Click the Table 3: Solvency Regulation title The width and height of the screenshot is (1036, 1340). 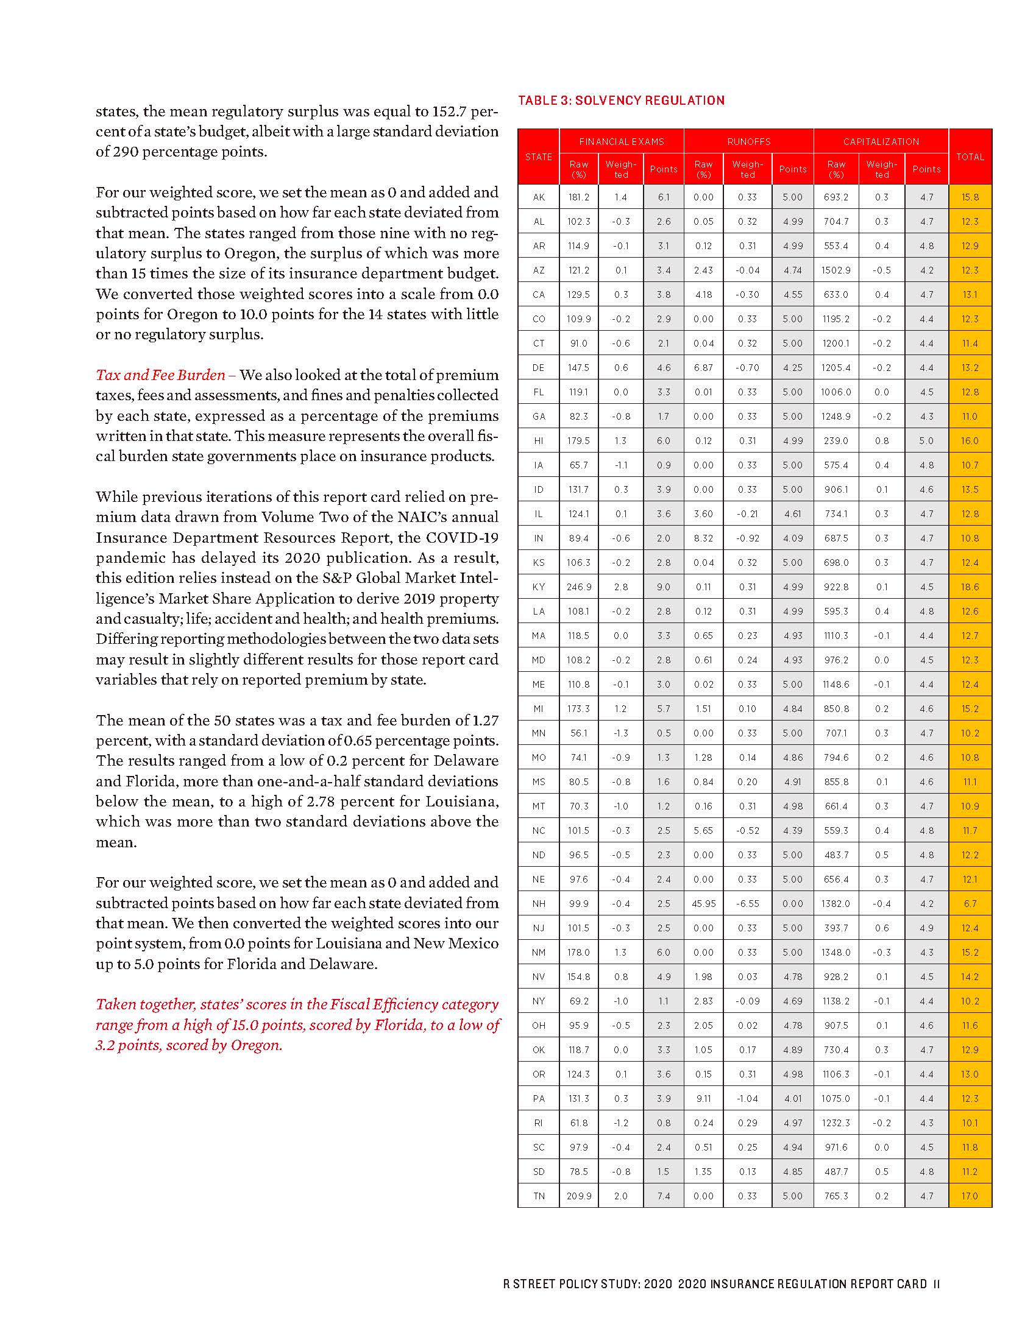(x=621, y=100)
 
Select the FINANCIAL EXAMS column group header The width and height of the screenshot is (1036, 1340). (x=621, y=142)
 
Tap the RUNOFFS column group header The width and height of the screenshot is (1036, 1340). (x=748, y=142)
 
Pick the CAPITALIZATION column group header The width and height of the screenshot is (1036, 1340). (x=881, y=142)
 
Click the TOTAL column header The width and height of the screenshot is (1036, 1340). (x=970, y=157)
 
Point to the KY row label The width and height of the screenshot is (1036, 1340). (x=538, y=587)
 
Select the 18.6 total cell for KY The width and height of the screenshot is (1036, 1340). (x=970, y=587)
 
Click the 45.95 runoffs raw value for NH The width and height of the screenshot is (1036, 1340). (x=703, y=904)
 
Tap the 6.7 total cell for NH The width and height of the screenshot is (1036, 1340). (x=970, y=904)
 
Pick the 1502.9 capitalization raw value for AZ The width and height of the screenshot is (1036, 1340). (x=836, y=270)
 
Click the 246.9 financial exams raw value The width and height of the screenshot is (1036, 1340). (x=579, y=587)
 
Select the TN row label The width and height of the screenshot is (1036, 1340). (x=538, y=1196)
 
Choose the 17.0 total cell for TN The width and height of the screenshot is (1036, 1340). (x=970, y=1196)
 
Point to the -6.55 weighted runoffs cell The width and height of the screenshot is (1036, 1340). (x=748, y=904)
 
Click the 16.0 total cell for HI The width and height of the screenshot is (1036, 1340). (x=970, y=441)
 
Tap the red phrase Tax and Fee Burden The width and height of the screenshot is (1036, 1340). (x=160, y=375)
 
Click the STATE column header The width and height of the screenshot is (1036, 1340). (x=538, y=157)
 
